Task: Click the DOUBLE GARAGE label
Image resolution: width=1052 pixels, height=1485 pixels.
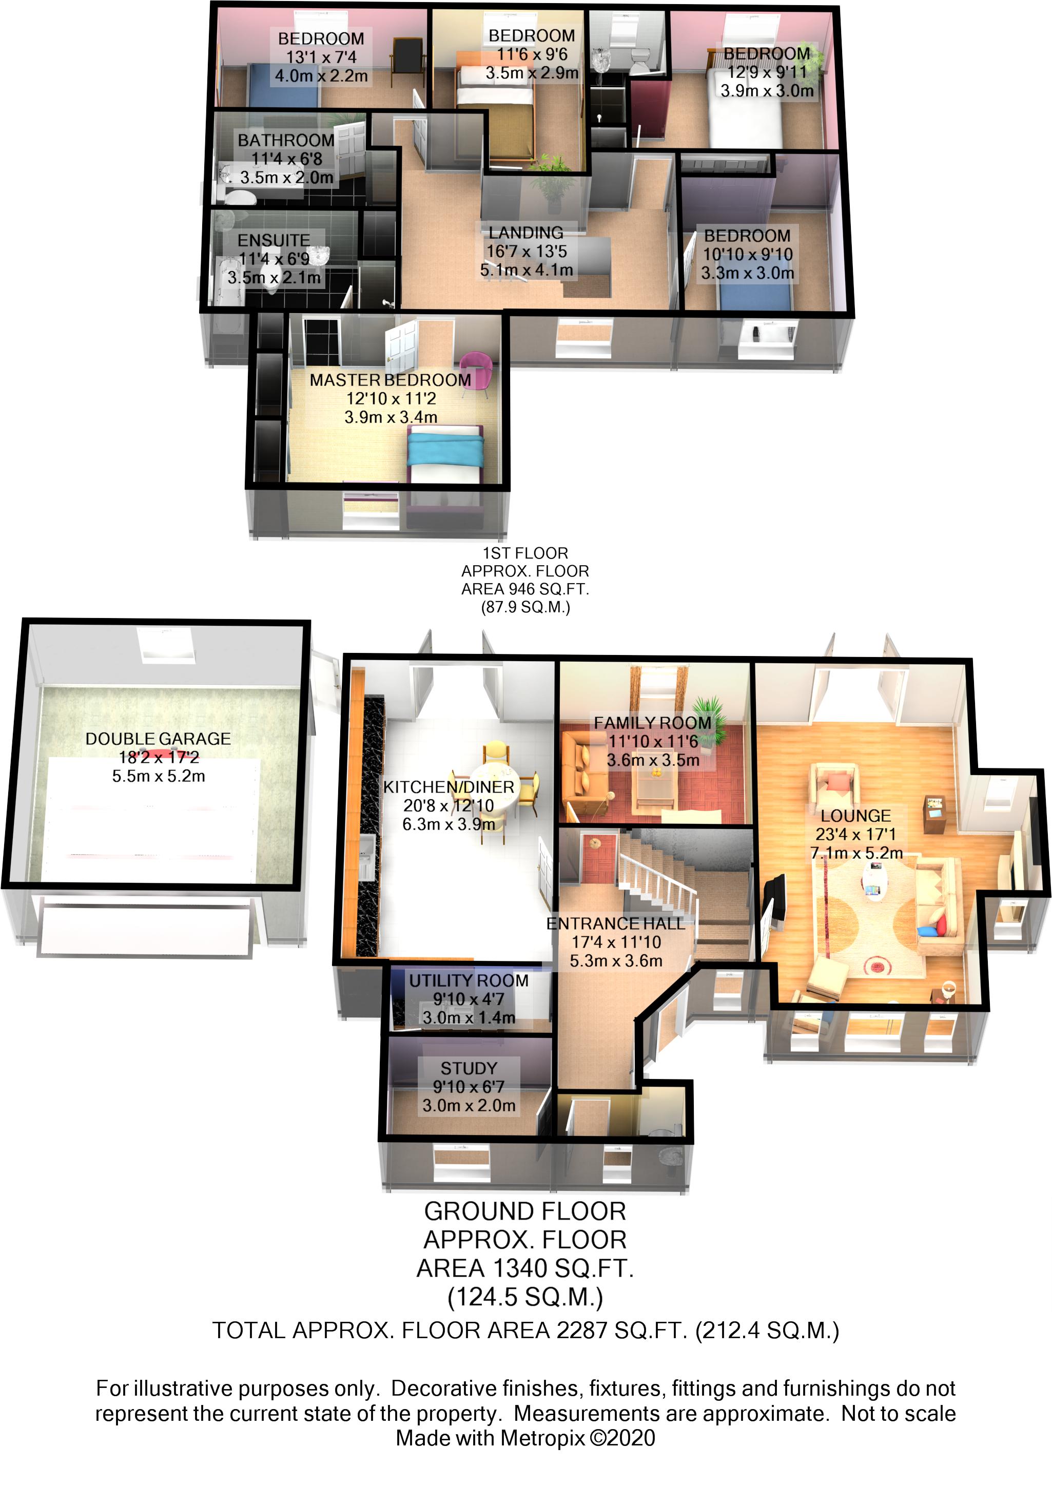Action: tap(158, 739)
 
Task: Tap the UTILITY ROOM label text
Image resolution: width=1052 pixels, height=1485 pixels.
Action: tap(469, 980)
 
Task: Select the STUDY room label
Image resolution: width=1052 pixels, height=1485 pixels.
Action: tap(469, 1068)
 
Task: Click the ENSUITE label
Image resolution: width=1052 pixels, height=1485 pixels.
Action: tap(274, 240)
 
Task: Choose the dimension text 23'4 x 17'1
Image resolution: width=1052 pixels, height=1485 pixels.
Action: tap(856, 835)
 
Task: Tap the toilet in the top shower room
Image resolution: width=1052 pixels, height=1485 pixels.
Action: tap(639, 62)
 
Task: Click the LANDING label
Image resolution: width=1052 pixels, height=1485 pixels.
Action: tap(525, 233)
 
